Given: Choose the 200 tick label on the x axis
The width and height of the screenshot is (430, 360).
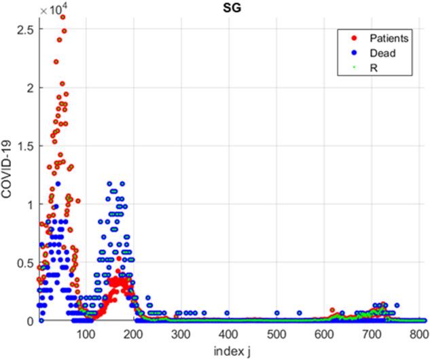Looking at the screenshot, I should pos(133,334).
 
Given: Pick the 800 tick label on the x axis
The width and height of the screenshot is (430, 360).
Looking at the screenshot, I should pos(419,334).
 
